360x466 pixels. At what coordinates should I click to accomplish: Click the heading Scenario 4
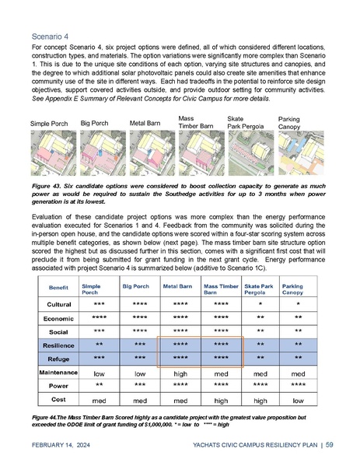click(x=47, y=36)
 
